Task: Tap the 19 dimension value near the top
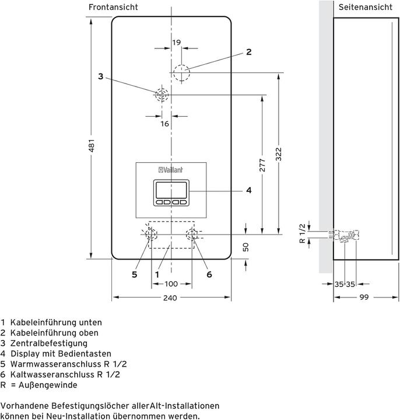click(176, 42)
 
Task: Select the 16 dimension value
click(164, 124)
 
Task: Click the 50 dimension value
click(245, 247)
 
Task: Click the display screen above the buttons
click(171, 191)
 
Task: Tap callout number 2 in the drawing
click(248, 52)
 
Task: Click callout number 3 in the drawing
click(101, 76)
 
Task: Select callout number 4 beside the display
click(248, 190)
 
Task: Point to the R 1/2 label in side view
click(302, 233)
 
